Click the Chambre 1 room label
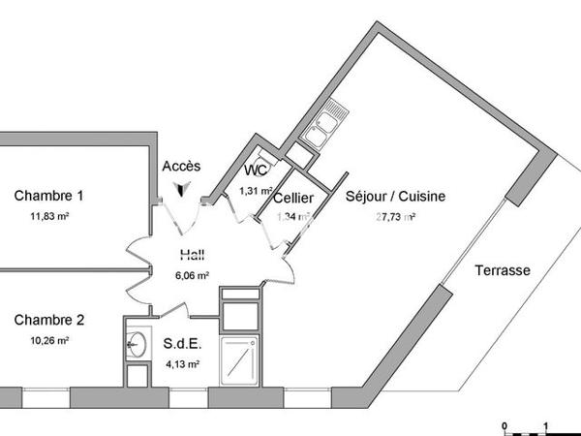(x=48, y=196)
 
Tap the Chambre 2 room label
(x=48, y=321)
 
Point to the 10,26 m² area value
(x=48, y=341)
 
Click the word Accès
(x=182, y=167)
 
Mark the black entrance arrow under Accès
(x=186, y=191)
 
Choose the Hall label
(x=192, y=256)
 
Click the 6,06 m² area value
(x=192, y=275)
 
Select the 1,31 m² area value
(x=256, y=191)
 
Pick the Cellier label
(x=292, y=198)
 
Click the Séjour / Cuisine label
(x=395, y=197)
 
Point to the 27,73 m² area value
(x=395, y=217)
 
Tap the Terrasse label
(x=502, y=271)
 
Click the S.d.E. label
(x=182, y=344)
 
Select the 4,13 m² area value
(x=182, y=364)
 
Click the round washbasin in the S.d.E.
(x=137, y=342)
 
